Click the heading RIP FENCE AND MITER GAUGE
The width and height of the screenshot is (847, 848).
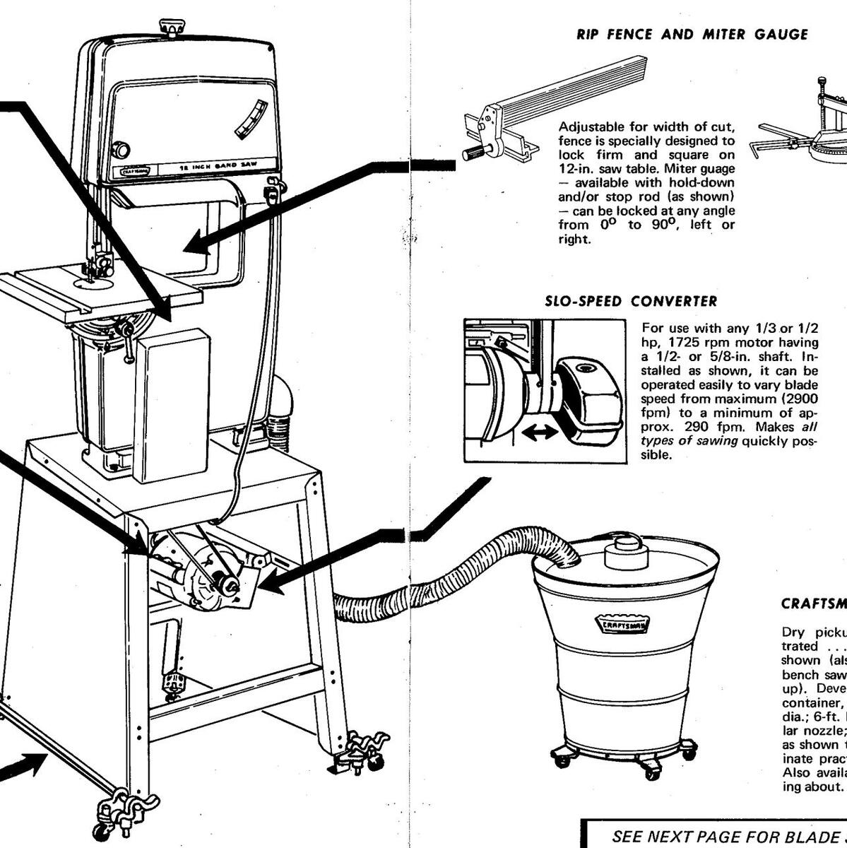[692, 35]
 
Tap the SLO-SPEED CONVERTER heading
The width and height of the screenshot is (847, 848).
[631, 302]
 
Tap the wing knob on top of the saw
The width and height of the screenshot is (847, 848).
[170, 29]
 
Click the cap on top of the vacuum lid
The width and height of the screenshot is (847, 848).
[624, 545]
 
